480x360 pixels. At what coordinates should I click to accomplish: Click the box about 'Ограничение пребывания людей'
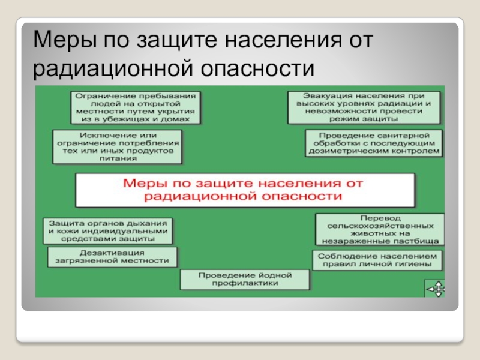pyautogui.click(x=136, y=107)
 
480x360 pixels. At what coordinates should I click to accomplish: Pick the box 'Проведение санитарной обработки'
pyautogui.click(x=373, y=143)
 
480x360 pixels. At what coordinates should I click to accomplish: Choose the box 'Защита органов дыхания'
pyautogui.click(x=108, y=230)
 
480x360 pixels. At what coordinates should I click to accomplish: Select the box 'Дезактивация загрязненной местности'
pyautogui.click(x=113, y=257)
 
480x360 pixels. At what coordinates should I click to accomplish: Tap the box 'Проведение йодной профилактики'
pyautogui.click(x=245, y=279)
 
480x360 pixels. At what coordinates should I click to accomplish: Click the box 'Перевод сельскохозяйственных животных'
pyautogui.click(x=380, y=228)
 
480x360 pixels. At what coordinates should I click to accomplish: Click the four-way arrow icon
pyautogui.click(x=435, y=289)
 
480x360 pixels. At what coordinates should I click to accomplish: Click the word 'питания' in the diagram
pyautogui.click(x=116, y=160)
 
